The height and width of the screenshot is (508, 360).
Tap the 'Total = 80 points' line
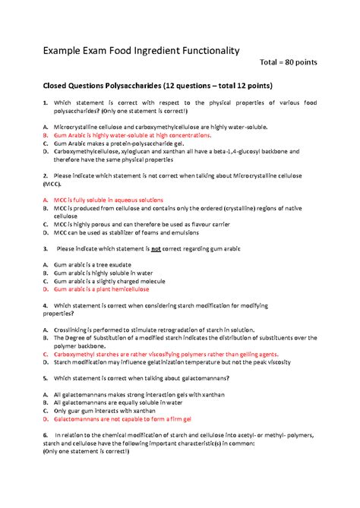pyautogui.click(x=289, y=62)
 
